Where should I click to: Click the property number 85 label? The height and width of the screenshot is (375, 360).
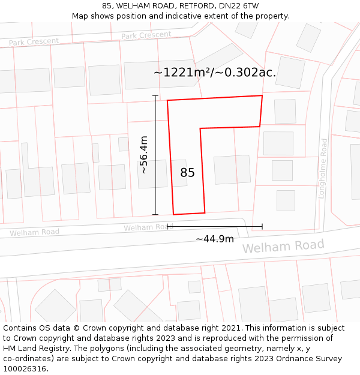[187, 173]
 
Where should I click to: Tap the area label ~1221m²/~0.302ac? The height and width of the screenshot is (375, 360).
[215, 73]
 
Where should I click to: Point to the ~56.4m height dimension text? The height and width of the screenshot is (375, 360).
[144, 155]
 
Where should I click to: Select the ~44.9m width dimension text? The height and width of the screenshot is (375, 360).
[215, 239]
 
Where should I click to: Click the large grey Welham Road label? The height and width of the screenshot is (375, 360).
[283, 246]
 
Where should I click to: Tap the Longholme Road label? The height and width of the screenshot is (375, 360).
[324, 168]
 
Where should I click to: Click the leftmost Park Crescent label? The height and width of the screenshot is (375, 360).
[34, 41]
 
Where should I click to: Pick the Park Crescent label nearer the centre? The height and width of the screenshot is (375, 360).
[146, 35]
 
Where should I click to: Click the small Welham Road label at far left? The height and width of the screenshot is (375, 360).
[34, 232]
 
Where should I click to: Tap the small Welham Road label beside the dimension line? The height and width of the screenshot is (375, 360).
[148, 227]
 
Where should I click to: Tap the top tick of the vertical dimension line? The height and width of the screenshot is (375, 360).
[155, 96]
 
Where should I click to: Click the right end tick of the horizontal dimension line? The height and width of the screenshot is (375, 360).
[262, 227]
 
